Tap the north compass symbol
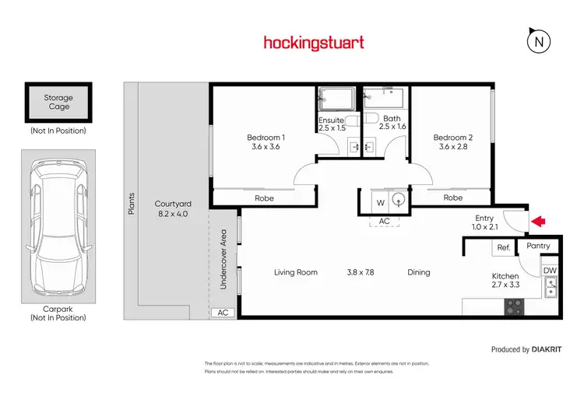tap(537, 42)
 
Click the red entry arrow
tap(538, 222)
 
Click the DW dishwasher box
tap(550, 271)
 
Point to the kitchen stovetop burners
tap(513, 306)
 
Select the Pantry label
tap(538, 246)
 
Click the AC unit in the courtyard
tap(222, 312)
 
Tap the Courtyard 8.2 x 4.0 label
tap(173, 208)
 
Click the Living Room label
tap(296, 272)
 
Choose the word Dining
tap(419, 272)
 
